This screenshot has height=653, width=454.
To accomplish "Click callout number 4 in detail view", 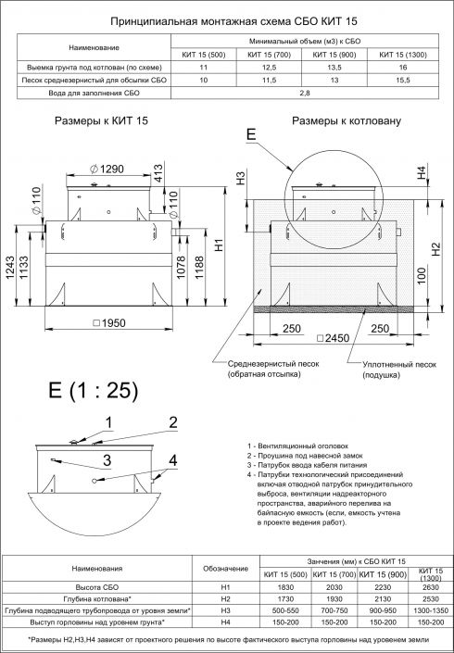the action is click(172, 460).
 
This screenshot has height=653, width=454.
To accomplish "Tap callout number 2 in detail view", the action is click(171, 423).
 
